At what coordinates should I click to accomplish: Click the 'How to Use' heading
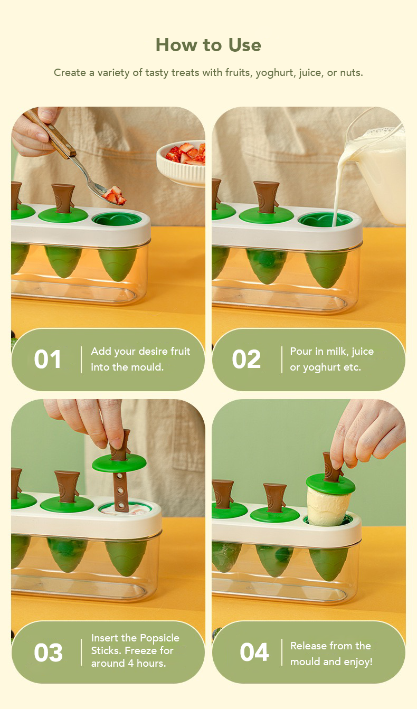209,45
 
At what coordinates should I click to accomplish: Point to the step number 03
48,653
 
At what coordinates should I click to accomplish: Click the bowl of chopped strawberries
181,162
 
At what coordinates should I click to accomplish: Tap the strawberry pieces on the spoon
114,195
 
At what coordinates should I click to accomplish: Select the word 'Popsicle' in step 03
159,638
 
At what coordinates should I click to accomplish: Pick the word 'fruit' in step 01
181,351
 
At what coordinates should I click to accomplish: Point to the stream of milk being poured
338,184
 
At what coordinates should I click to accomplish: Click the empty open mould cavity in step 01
117,219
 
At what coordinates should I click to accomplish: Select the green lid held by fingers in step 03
119,464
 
